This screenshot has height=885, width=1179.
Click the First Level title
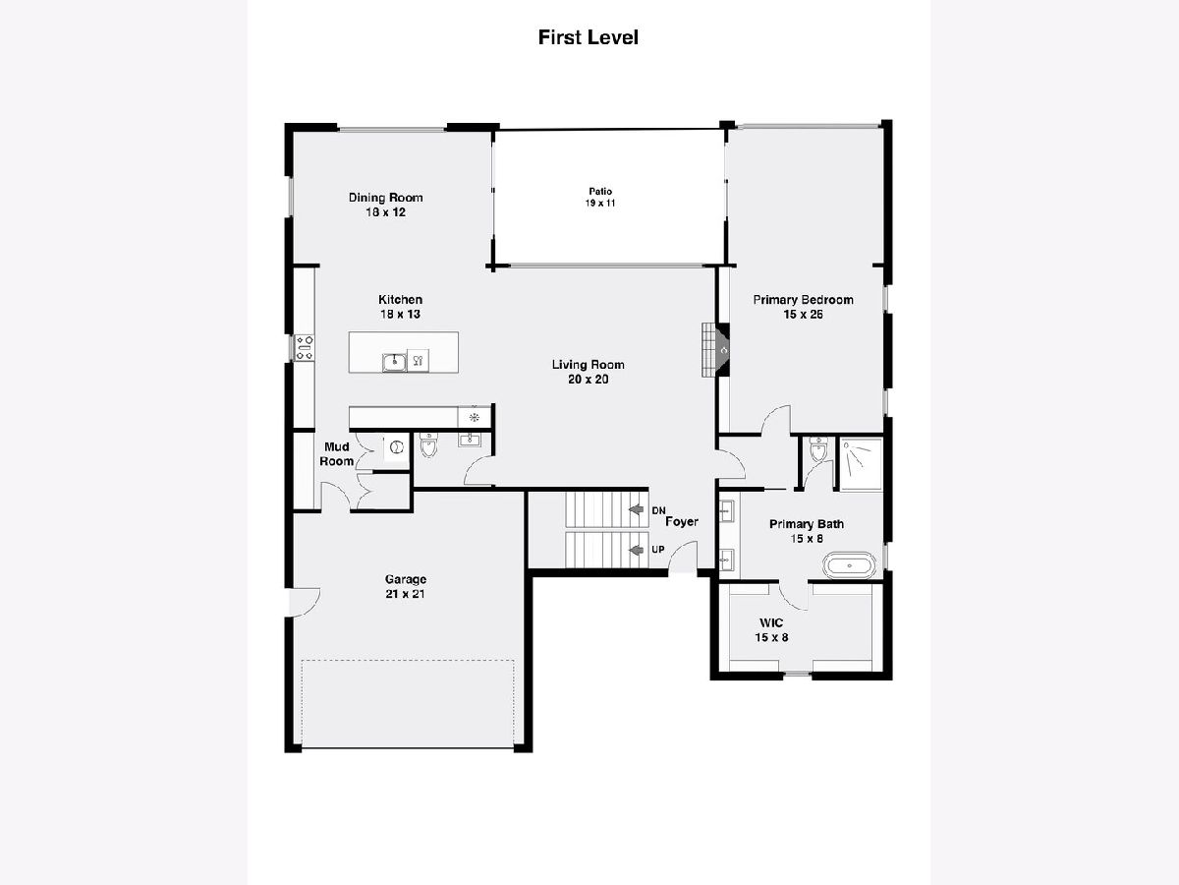(589, 37)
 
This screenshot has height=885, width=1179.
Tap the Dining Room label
(386, 198)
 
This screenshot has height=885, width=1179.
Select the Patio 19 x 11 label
(600, 198)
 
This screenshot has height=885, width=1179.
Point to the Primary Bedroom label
(803, 300)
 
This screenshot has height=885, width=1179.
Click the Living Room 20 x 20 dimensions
(589, 380)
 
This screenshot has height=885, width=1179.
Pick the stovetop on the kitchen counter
(305, 348)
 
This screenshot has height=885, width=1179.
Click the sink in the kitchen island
(394, 363)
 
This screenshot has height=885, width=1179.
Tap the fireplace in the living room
(715, 350)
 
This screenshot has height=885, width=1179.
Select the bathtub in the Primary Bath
(849, 565)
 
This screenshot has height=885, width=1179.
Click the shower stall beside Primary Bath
(861, 464)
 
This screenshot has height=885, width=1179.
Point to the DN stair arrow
(637, 509)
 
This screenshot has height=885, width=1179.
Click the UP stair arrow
(637, 550)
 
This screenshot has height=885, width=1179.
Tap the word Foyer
(682, 522)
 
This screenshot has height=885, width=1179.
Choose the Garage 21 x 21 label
(406, 586)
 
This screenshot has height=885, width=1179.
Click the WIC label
(771, 623)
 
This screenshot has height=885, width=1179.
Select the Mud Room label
(337, 454)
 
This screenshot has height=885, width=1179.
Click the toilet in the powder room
(428, 444)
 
